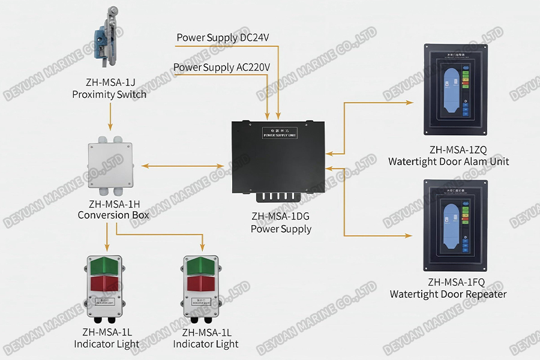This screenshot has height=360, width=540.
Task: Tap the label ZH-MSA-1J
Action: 109,83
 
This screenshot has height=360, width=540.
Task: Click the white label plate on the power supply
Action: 279,133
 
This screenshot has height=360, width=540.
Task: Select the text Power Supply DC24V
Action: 223,38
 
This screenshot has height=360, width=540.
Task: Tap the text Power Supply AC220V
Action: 221,67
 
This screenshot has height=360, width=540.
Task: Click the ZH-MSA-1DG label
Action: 281,217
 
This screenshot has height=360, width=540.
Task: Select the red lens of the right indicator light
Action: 202,283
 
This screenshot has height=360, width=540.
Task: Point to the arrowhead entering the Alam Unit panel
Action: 410,103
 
